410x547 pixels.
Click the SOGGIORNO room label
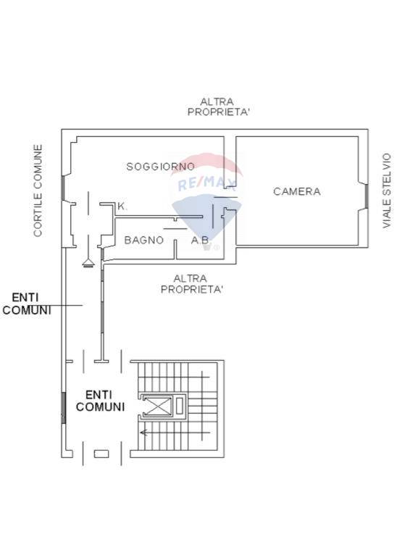(x=161, y=167)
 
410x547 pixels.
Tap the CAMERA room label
(x=297, y=191)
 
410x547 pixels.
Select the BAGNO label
(x=143, y=240)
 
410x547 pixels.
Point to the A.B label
(x=200, y=240)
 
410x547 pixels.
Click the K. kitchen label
(x=122, y=206)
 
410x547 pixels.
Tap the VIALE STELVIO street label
(x=387, y=191)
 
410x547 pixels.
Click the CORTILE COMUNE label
(x=38, y=191)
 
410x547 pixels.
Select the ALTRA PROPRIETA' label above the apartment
(x=218, y=107)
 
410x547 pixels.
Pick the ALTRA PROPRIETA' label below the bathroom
(x=191, y=283)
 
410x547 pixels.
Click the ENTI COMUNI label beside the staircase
(x=100, y=401)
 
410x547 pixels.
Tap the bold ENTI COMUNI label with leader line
(x=27, y=304)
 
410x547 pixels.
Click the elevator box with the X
(x=158, y=406)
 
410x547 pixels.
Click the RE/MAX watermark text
(x=207, y=183)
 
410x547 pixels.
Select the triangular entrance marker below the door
(x=88, y=263)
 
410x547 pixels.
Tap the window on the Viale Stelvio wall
(x=367, y=196)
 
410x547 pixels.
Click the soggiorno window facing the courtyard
(x=63, y=188)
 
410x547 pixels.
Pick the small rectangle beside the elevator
(x=180, y=406)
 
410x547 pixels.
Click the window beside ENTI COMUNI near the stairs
(x=64, y=407)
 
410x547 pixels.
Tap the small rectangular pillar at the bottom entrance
(x=101, y=454)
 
